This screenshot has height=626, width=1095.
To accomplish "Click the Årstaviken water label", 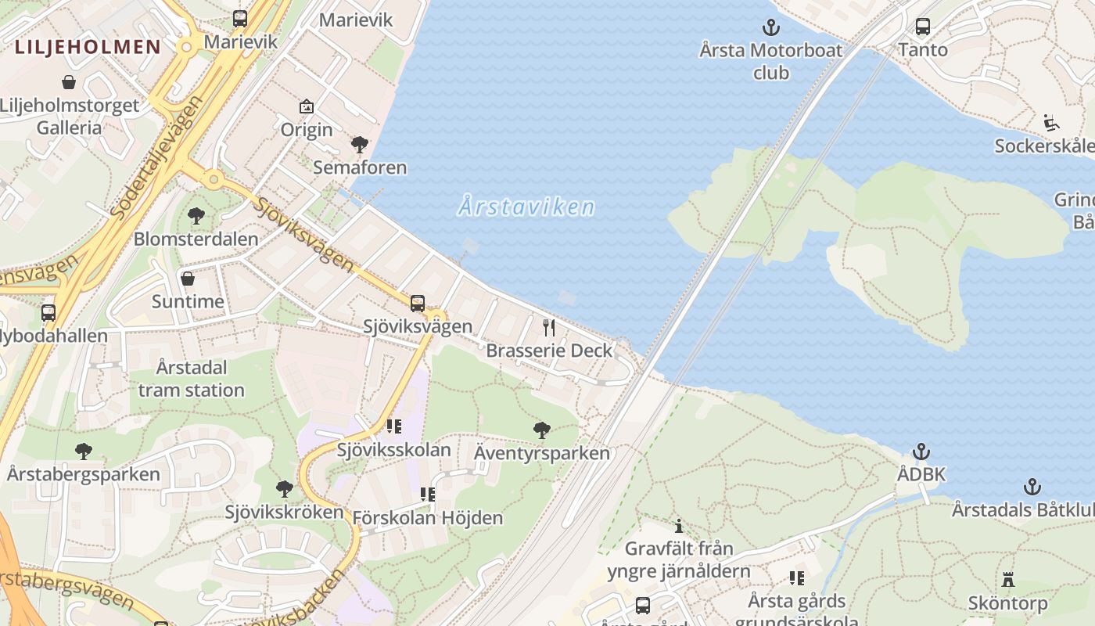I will (x=526, y=207).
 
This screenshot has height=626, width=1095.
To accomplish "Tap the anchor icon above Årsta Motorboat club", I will (x=771, y=28).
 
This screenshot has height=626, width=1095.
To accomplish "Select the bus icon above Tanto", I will (x=923, y=27).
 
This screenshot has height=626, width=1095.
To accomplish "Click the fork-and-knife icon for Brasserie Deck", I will (x=549, y=327).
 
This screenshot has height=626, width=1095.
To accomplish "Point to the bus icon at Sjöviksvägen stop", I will (x=418, y=303).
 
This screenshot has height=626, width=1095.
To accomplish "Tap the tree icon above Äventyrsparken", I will (x=541, y=430).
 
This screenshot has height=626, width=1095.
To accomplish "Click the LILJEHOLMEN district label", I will (x=88, y=47).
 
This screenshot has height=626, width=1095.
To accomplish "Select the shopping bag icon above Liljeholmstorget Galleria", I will (x=69, y=82).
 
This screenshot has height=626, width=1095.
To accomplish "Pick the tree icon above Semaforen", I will (x=360, y=145).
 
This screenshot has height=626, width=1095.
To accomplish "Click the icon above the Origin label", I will (x=307, y=106).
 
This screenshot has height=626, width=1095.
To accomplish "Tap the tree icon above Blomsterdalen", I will (x=196, y=216).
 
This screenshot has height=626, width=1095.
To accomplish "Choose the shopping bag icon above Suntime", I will (x=188, y=279).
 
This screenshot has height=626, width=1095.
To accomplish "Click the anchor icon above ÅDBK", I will (x=921, y=452).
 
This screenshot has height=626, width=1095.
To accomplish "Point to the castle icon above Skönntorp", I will (x=1007, y=580).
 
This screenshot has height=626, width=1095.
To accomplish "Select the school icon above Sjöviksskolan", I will (x=393, y=426).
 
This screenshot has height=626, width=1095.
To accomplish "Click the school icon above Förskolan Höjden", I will (x=427, y=495).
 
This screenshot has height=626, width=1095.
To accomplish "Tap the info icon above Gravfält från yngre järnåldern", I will (x=679, y=526).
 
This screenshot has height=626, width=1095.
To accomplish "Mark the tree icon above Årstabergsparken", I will (x=83, y=452).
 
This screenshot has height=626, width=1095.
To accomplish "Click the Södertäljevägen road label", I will (x=156, y=156).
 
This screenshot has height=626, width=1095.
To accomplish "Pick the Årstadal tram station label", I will (x=192, y=379).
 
